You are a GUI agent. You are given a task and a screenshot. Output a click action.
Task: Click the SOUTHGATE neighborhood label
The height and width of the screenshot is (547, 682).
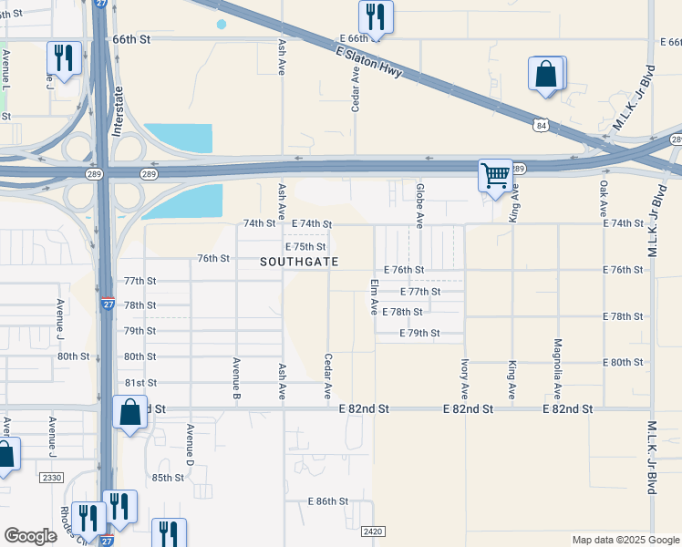coord(299,262)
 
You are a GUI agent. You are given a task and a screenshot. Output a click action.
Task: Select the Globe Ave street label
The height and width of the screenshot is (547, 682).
coord(419,205)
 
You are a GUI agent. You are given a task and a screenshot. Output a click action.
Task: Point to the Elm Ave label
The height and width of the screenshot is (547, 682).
coord(374,297)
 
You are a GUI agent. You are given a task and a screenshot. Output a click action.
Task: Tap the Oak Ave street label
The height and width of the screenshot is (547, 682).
coord(604,198)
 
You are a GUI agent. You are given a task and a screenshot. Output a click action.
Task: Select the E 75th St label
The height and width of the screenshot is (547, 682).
coord(305,247)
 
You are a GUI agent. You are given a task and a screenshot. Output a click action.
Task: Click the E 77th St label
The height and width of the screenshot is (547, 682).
coord(420,292)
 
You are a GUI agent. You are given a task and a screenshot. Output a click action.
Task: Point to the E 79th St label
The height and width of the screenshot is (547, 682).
coord(420,334)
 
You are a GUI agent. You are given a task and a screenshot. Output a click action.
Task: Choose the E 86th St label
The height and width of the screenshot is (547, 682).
coord(328,501)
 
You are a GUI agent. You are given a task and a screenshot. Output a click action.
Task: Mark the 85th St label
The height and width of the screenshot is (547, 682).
coord(168,478)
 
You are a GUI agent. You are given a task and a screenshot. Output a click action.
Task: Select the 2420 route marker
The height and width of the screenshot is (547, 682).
coord(372,531)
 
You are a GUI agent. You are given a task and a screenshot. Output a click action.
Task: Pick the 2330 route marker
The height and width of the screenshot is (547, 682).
coord(52,477)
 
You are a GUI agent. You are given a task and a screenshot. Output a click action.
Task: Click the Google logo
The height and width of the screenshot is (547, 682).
coord(30,536)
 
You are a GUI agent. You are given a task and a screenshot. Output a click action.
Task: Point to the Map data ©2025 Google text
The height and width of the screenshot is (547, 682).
coord(625,540)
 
